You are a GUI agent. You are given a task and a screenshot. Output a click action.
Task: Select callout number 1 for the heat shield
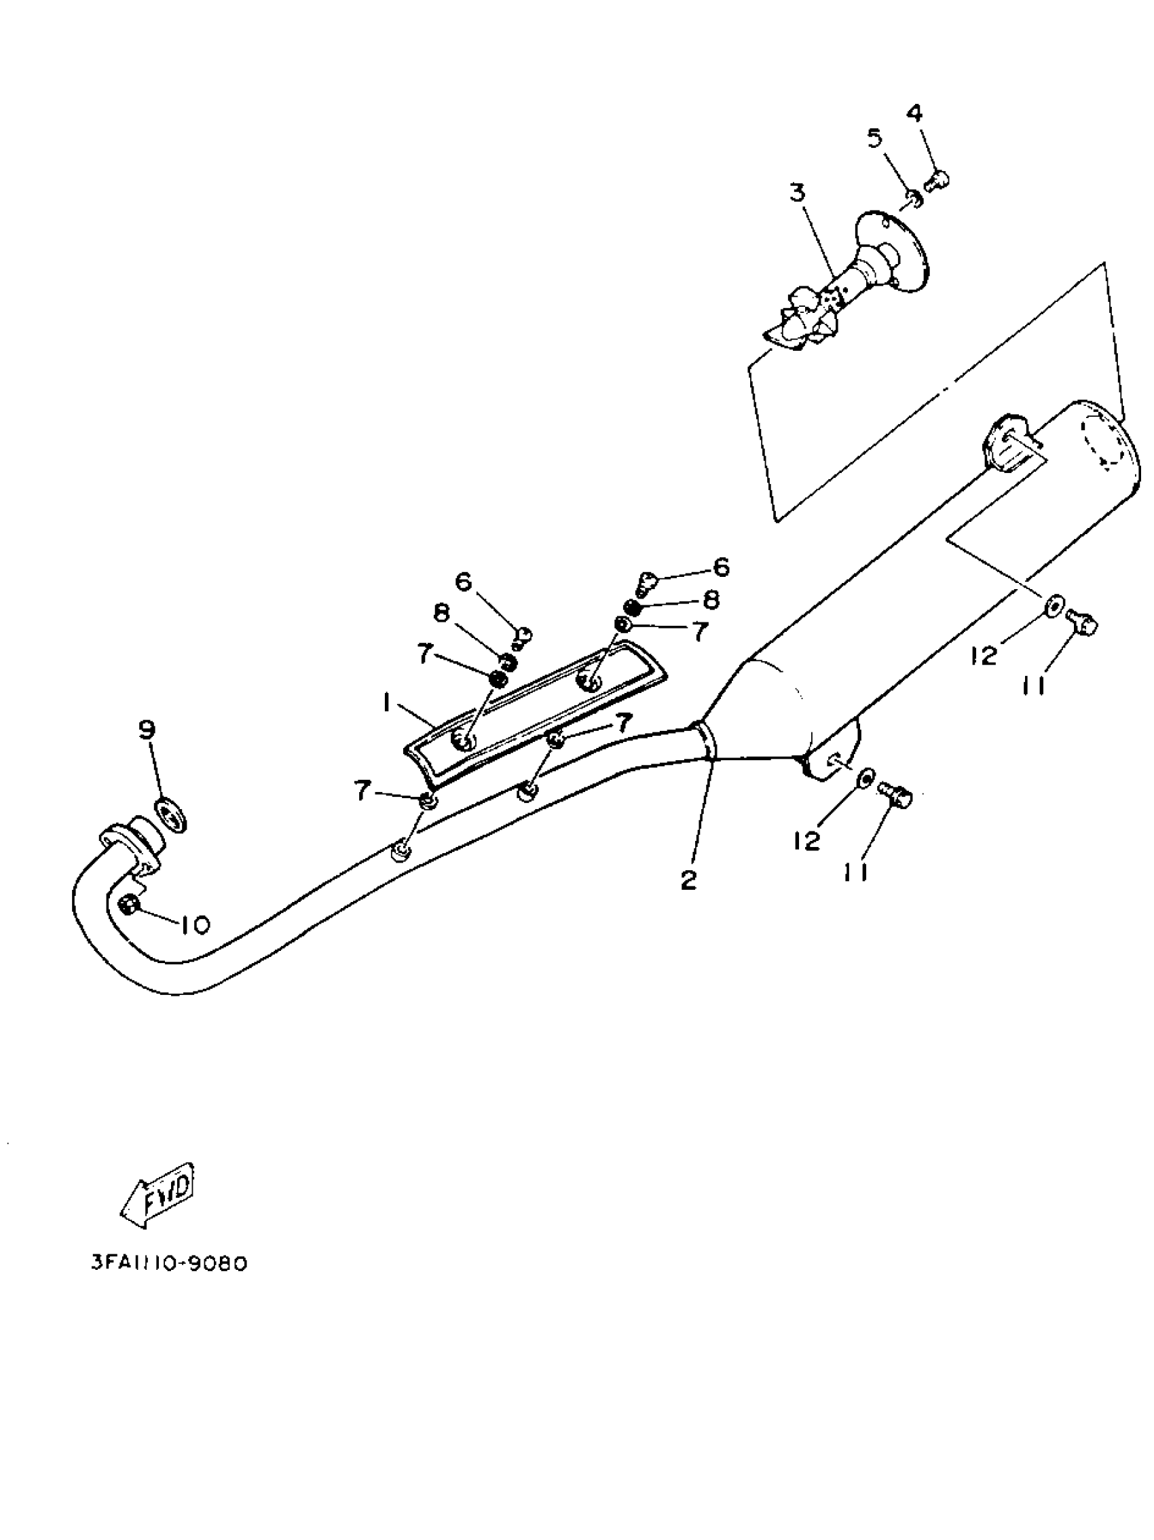tap(385, 704)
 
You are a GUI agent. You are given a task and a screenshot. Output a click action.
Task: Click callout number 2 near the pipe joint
tap(688, 881)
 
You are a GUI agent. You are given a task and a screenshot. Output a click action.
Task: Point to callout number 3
tap(797, 193)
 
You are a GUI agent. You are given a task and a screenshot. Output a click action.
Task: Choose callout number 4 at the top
tap(915, 113)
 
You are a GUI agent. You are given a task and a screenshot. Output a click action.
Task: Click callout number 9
tap(147, 730)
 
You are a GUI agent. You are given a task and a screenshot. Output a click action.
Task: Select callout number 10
tap(194, 924)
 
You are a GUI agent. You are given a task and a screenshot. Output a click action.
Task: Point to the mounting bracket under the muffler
tap(832, 751)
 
